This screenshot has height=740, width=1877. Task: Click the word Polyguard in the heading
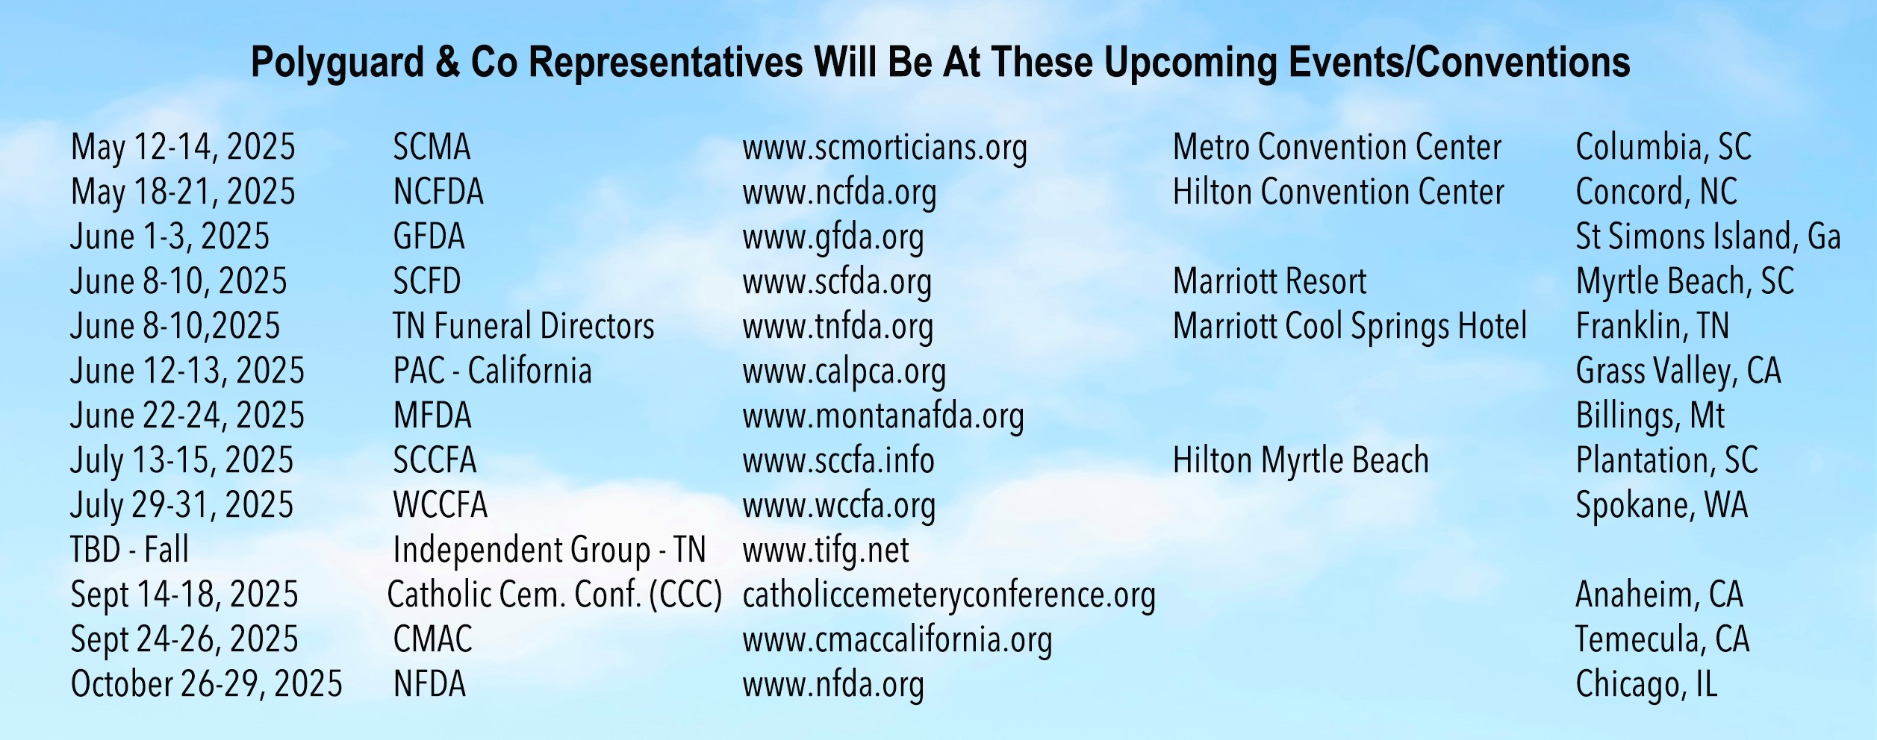tap(337, 63)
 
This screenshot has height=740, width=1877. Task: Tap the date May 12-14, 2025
tap(183, 148)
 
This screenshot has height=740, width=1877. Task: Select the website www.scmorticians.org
tap(885, 148)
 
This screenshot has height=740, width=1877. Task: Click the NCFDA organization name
tap(438, 192)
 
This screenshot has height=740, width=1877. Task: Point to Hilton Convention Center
tap(1338, 192)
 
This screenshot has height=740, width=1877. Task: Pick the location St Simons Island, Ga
tap(1708, 236)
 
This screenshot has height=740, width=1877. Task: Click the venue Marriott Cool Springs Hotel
tap(1350, 327)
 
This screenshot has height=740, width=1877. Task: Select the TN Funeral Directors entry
tap(523, 326)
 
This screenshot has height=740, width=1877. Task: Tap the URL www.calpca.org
tap(844, 372)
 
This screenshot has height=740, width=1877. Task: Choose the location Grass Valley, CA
tap(1678, 371)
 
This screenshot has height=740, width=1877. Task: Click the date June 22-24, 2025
tap(187, 416)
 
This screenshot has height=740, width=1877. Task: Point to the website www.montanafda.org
tap(883, 416)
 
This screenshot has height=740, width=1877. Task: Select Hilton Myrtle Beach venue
tap(1301, 461)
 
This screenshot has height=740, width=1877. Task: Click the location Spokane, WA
tap(1662, 506)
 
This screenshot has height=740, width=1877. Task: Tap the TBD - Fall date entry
tap(129, 550)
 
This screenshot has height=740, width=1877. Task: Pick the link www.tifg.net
tap(826, 551)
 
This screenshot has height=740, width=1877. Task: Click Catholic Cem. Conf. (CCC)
tap(555, 595)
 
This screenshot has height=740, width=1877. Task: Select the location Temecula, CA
tap(1662, 639)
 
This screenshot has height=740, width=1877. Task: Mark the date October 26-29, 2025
tap(206, 684)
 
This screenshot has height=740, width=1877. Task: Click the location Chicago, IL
tap(1646, 685)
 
